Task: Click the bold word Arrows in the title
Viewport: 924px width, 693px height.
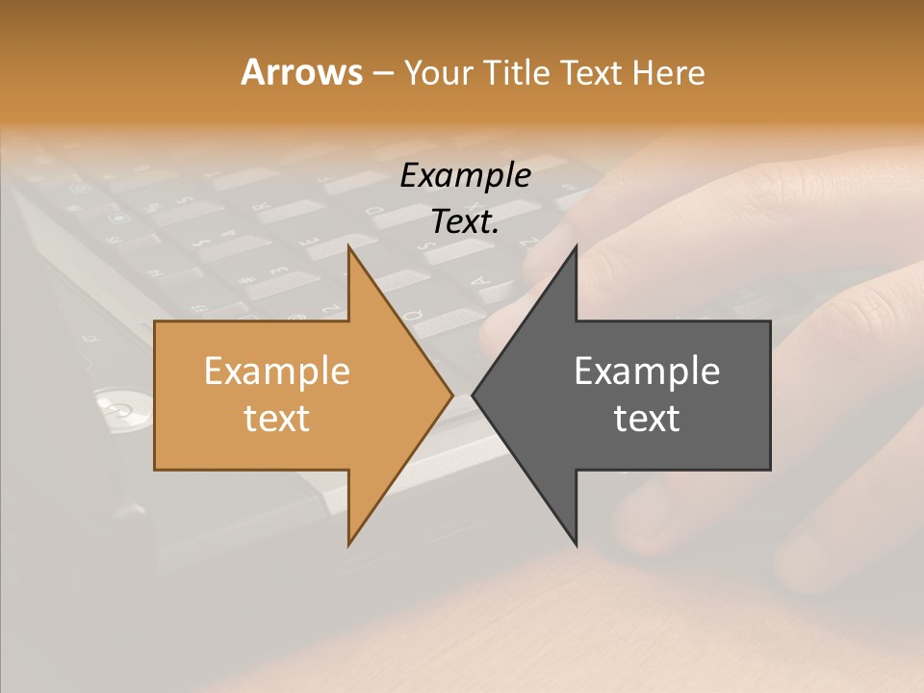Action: click(x=301, y=72)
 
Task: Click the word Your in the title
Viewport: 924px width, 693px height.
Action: click(x=439, y=72)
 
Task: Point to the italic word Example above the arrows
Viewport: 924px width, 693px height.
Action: click(x=465, y=175)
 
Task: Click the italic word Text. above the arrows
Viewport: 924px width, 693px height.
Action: click(x=465, y=222)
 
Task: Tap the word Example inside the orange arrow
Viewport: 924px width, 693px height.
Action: click(x=276, y=371)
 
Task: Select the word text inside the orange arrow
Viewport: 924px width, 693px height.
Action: click(x=276, y=419)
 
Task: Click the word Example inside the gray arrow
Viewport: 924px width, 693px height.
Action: click(x=647, y=371)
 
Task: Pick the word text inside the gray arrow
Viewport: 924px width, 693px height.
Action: click(x=647, y=419)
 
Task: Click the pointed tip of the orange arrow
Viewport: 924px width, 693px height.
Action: click(x=451, y=395)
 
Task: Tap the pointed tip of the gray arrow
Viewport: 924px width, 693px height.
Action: click(x=474, y=395)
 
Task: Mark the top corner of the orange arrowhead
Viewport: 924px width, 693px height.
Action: click(x=349, y=248)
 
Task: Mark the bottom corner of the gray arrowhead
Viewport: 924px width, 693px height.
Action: click(x=576, y=544)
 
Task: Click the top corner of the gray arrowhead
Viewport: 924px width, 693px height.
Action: click(x=576, y=248)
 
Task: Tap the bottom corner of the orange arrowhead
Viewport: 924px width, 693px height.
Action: click(x=349, y=544)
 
